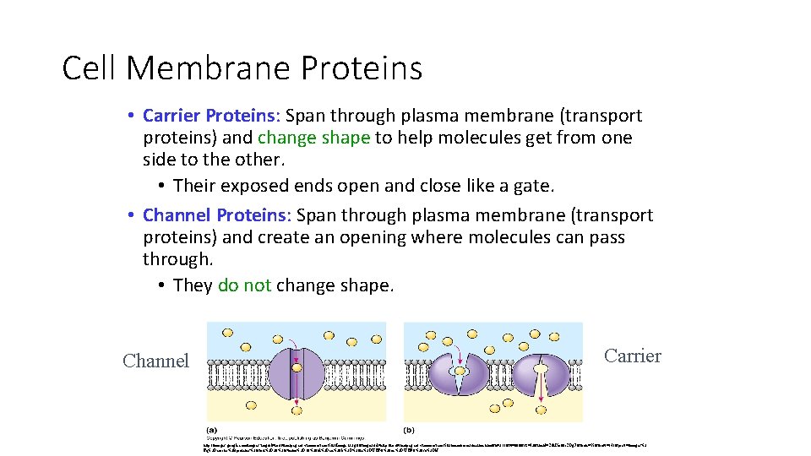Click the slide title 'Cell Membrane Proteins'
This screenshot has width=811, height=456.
(242, 68)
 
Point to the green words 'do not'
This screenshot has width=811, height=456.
(244, 285)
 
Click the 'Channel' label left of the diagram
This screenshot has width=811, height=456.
(155, 361)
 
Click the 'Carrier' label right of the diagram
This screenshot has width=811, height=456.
(633, 356)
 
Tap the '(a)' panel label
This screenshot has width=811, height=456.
(213, 427)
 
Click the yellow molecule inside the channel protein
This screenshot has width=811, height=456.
(297, 368)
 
